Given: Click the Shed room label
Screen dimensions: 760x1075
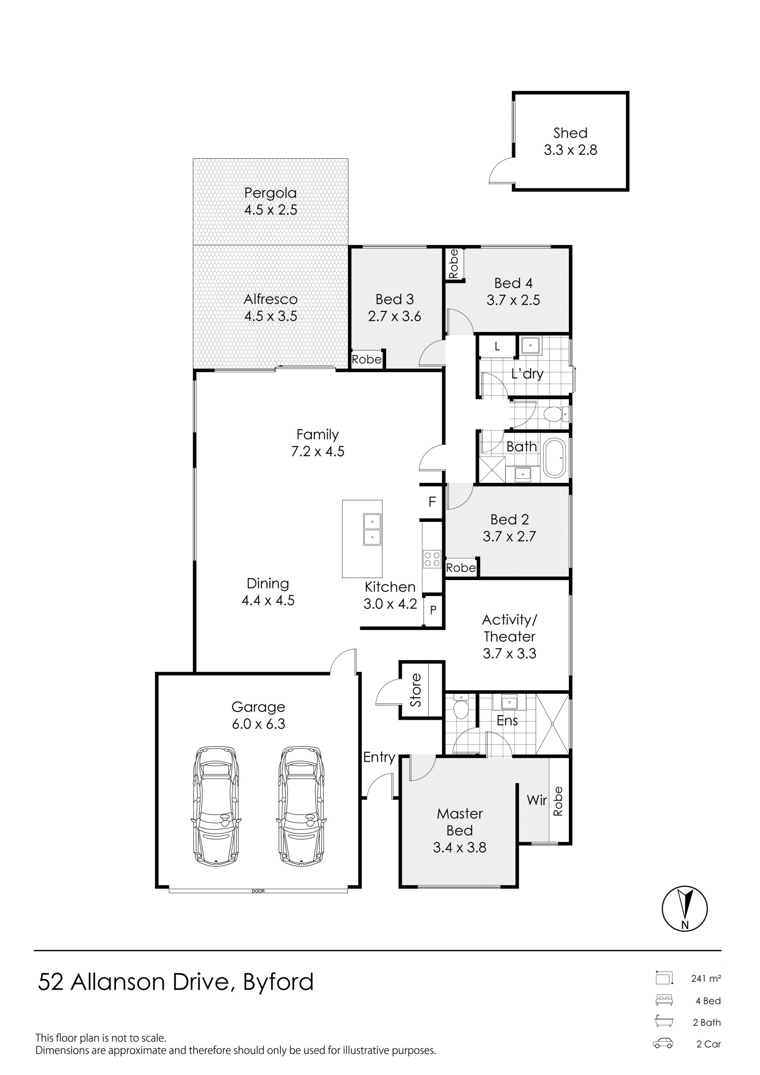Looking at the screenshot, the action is (570, 133).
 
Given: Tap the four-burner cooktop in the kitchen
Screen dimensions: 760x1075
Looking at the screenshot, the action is (432, 558).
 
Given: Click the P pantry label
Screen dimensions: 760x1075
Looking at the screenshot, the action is (433, 610).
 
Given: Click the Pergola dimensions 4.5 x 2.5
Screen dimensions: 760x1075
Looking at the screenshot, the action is (270, 210).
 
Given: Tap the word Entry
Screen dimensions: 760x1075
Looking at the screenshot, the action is (379, 757).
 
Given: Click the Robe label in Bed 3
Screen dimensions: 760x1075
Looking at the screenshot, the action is (367, 359).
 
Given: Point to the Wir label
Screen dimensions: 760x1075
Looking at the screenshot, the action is (537, 800).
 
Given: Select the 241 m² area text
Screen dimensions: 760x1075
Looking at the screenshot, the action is (706, 978).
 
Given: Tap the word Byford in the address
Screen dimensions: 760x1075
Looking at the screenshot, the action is (278, 982).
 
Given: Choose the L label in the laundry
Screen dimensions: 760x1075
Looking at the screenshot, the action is (497, 346).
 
